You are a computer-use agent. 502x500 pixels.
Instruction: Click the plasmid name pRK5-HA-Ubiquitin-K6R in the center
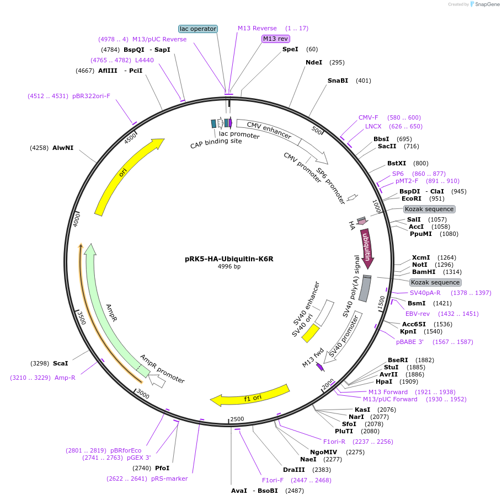229,259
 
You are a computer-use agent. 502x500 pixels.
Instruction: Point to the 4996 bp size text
229,267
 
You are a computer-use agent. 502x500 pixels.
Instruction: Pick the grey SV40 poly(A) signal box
365,289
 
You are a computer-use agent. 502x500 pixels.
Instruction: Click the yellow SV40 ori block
311,333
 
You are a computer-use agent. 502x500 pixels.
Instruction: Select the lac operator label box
198,29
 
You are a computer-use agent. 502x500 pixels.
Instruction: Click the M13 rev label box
275,39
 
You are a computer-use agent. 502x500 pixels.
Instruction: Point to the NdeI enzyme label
313,62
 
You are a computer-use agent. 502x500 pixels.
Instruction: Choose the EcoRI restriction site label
411,198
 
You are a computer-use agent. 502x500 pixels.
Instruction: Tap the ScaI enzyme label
61,363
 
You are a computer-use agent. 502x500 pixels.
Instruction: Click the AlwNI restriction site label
63,148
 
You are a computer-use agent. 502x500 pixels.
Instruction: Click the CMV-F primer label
368,117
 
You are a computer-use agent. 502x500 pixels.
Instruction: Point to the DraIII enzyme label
292,470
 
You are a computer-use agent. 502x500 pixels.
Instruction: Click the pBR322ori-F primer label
91,96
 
